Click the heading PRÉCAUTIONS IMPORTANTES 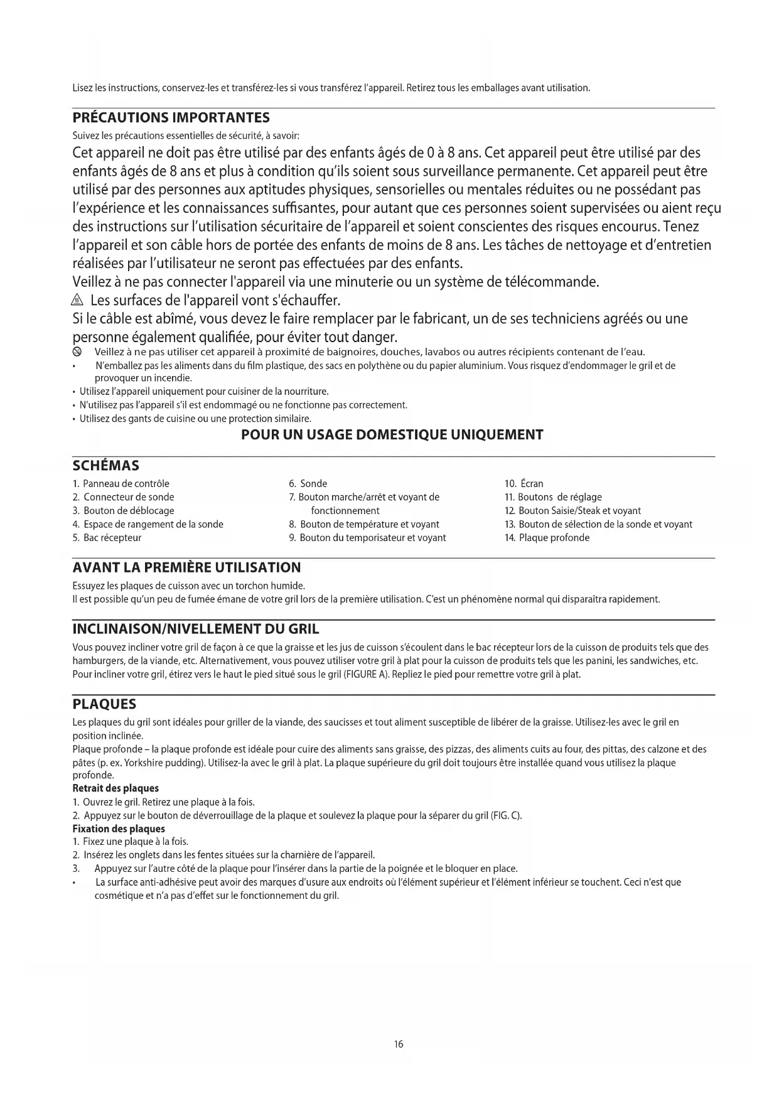coord(171,118)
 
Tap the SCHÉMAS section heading coord(106,466)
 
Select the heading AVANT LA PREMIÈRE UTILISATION coord(186,567)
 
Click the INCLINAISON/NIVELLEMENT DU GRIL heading coord(196,629)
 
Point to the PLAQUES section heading coord(104,704)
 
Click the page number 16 coord(399,1045)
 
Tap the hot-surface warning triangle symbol coord(78,300)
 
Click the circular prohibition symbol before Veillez coord(77,352)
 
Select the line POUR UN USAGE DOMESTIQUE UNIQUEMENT coord(392,434)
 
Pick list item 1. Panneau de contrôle coord(121,483)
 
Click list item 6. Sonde coord(308,483)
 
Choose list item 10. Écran coord(524,483)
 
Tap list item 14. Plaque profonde coord(547,537)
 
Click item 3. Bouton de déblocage coord(123,510)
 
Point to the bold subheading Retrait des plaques coord(116,788)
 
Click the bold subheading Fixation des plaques coord(119,829)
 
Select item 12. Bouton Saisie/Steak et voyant coord(572,510)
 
